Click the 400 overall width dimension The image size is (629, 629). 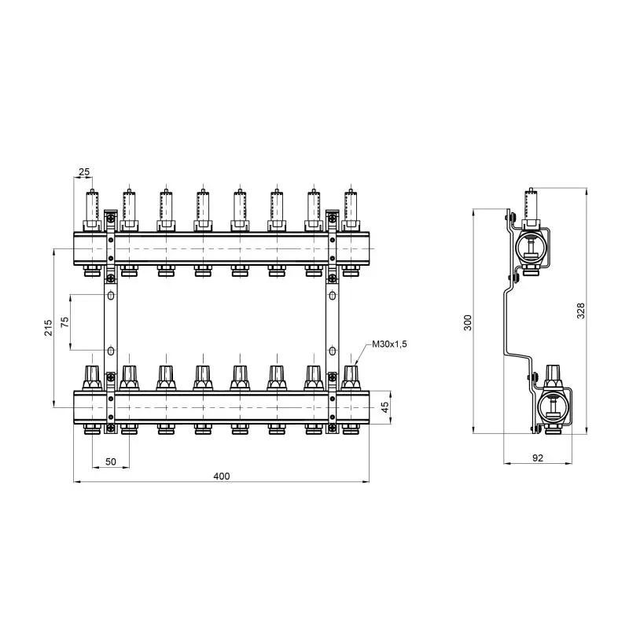point(222,476)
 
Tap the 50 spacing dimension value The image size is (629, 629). point(111,462)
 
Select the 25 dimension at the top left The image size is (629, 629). point(84,172)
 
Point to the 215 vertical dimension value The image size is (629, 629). point(48,328)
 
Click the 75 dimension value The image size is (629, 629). point(65,322)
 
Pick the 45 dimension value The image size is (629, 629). point(384,407)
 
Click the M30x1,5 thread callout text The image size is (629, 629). point(389,344)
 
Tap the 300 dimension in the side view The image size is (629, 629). point(468,322)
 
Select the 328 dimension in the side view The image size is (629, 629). point(580,311)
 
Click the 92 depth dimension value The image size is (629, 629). point(538,458)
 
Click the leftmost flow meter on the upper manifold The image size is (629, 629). point(92,210)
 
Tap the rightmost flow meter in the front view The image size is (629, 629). point(351,210)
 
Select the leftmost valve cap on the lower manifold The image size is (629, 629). point(92,377)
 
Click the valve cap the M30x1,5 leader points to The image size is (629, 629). point(351,377)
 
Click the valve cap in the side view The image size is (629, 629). point(554,377)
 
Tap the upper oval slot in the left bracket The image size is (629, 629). point(111,296)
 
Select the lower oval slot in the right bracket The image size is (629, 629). point(332,351)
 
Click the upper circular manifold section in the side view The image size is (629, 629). point(531,248)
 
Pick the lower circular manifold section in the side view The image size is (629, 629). point(554,407)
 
